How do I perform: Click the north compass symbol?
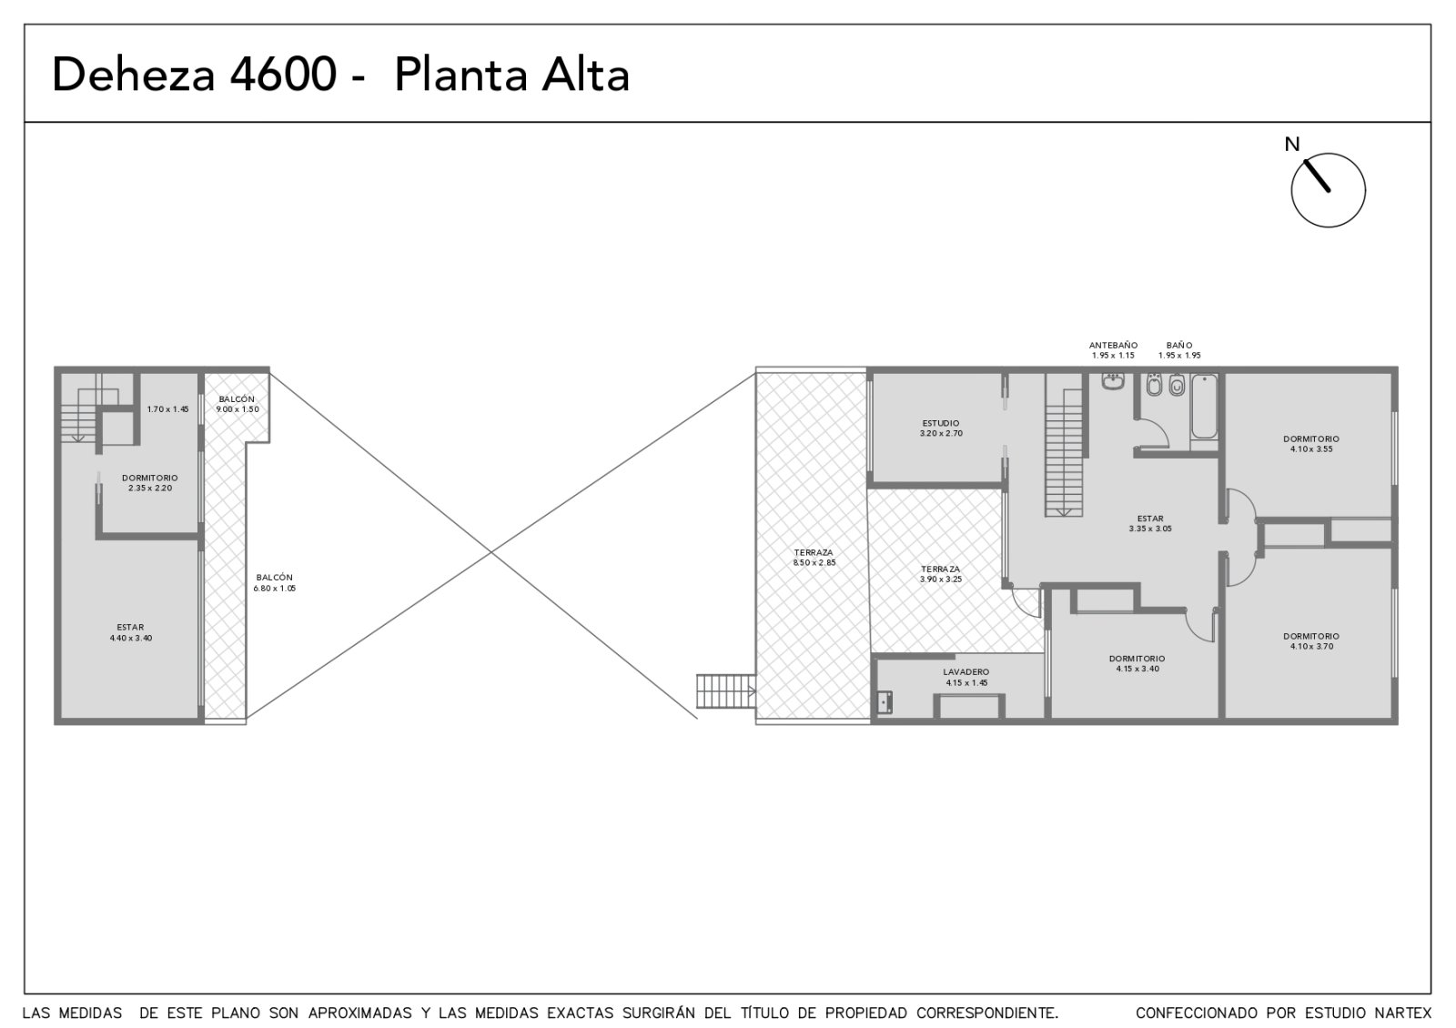(x=1328, y=190)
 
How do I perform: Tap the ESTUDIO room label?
(x=941, y=428)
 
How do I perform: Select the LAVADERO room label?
(x=966, y=677)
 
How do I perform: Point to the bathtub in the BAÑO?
(x=1205, y=406)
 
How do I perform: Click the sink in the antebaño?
(x=1113, y=381)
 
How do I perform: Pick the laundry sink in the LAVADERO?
(x=884, y=702)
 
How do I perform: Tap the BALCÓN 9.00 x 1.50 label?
(x=238, y=404)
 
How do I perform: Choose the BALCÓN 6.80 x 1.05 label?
(x=274, y=583)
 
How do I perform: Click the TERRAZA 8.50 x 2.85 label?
(x=814, y=558)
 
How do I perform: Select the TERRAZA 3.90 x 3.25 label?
(x=941, y=574)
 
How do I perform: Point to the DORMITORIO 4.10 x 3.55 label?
(x=1311, y=444)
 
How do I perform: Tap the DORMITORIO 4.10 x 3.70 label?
(x=1311, y=641)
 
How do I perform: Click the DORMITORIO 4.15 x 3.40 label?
(x=1137, y=663)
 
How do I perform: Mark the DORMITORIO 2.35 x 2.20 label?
(x=149, y=483)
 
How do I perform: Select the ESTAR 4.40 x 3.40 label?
(x=131, y=632)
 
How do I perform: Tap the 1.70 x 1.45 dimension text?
(x=167, y=409)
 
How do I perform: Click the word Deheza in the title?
(x=133, y=75)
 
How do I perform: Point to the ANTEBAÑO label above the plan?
(x=1114, y=345)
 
